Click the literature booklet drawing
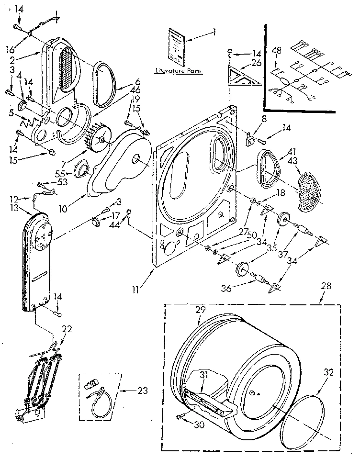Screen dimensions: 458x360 tap(176, 46)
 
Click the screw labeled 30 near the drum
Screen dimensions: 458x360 tap(180, 417)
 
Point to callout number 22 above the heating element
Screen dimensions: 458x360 tap(67, 329)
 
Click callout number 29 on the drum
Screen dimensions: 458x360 tap(200, 310)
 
